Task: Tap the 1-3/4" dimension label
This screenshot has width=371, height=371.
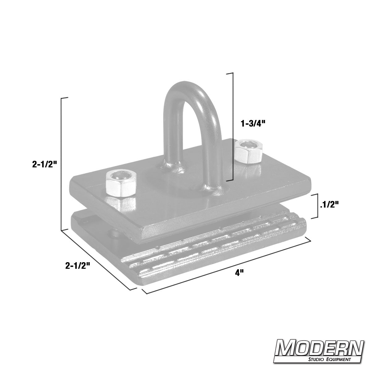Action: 253,124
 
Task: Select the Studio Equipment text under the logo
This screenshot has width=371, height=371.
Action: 330,360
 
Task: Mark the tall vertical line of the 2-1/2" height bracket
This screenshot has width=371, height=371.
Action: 62,164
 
